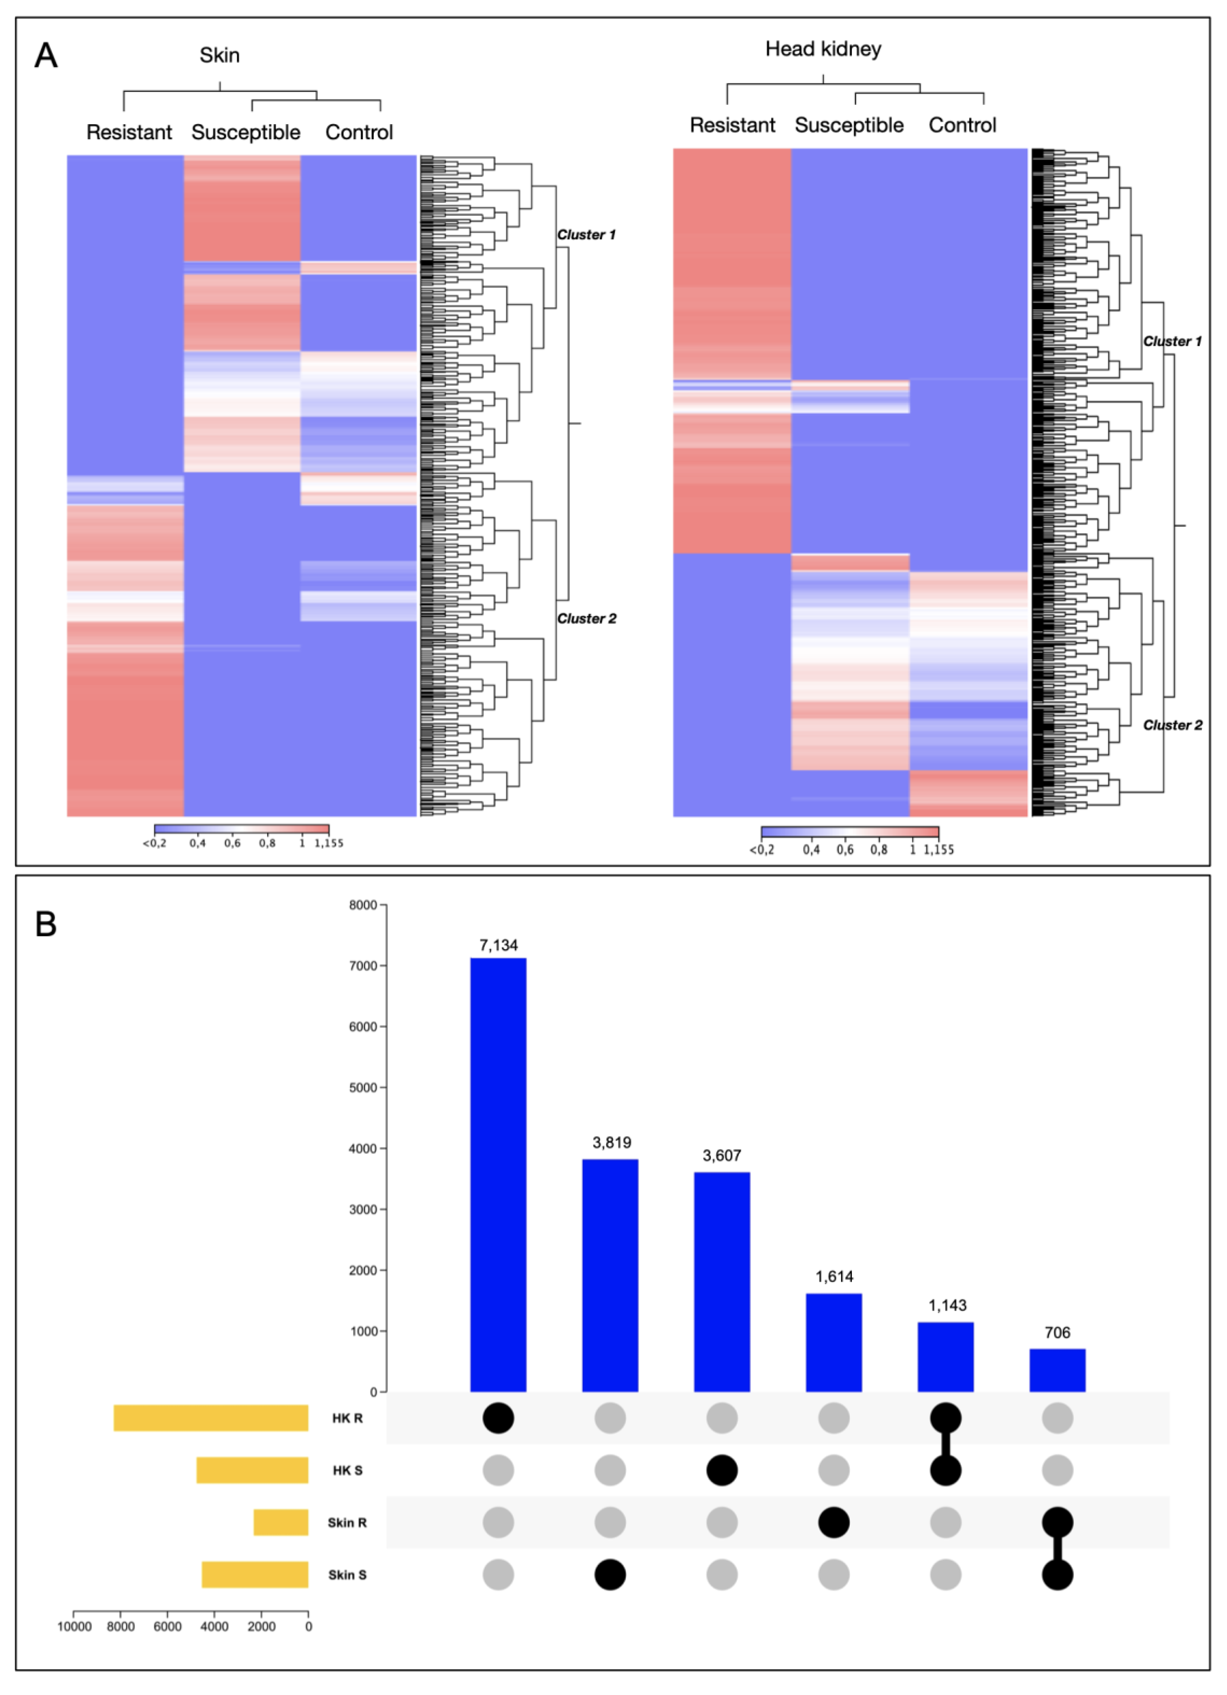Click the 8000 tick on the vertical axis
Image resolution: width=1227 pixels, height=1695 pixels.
click(x=363, y=905)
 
